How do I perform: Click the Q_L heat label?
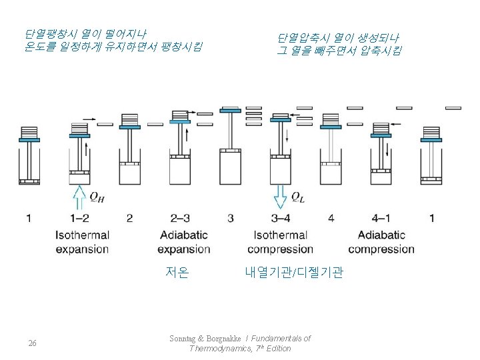coord(298,197)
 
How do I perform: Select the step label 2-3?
coord(180,218)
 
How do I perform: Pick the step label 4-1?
coord(381,218)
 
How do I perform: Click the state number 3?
coord(231,218)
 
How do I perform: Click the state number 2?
coord(129,218)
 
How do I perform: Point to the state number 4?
coord(331,218)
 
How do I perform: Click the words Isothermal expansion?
coord(82,242)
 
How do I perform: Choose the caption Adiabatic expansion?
coord(183,242)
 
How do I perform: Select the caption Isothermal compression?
coord(280,242)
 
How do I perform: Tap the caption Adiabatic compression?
coord(381,242)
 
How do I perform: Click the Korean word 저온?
coord(177,272)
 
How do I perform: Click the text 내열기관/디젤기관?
coord(294,272)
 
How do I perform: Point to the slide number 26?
coord(32,343)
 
